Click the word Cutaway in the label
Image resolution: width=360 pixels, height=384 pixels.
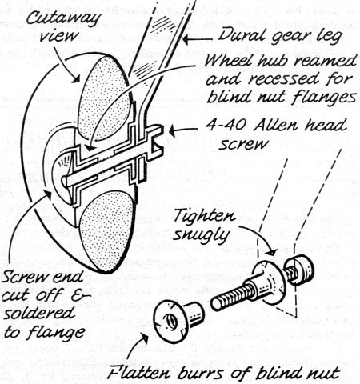(x=63, y=19)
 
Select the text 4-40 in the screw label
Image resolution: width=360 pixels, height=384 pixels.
(x=226, y=125)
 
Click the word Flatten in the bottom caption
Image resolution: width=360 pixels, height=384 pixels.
(x=138, y=372)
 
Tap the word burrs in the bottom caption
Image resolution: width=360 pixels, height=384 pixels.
(x=200, y=373)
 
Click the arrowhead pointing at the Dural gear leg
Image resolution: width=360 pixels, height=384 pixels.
(x=188, y=40)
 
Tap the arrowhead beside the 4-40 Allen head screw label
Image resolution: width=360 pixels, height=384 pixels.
(x=174, y=131)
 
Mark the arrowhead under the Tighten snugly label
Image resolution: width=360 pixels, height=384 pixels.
(x=272, y=252)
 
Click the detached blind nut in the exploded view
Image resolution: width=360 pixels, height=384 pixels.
(x=178, y=321)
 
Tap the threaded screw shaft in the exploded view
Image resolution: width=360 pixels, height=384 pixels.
(x=230, y=296)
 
